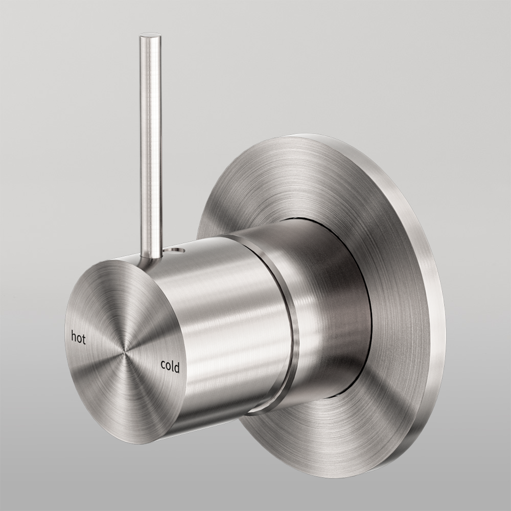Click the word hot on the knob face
point(78,338)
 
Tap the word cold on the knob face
point(170,366)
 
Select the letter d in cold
point(177,367)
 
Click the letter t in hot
point(83,340)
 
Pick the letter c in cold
point(163,364)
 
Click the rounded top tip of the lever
point(149,36)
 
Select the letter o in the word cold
point(168,366)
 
